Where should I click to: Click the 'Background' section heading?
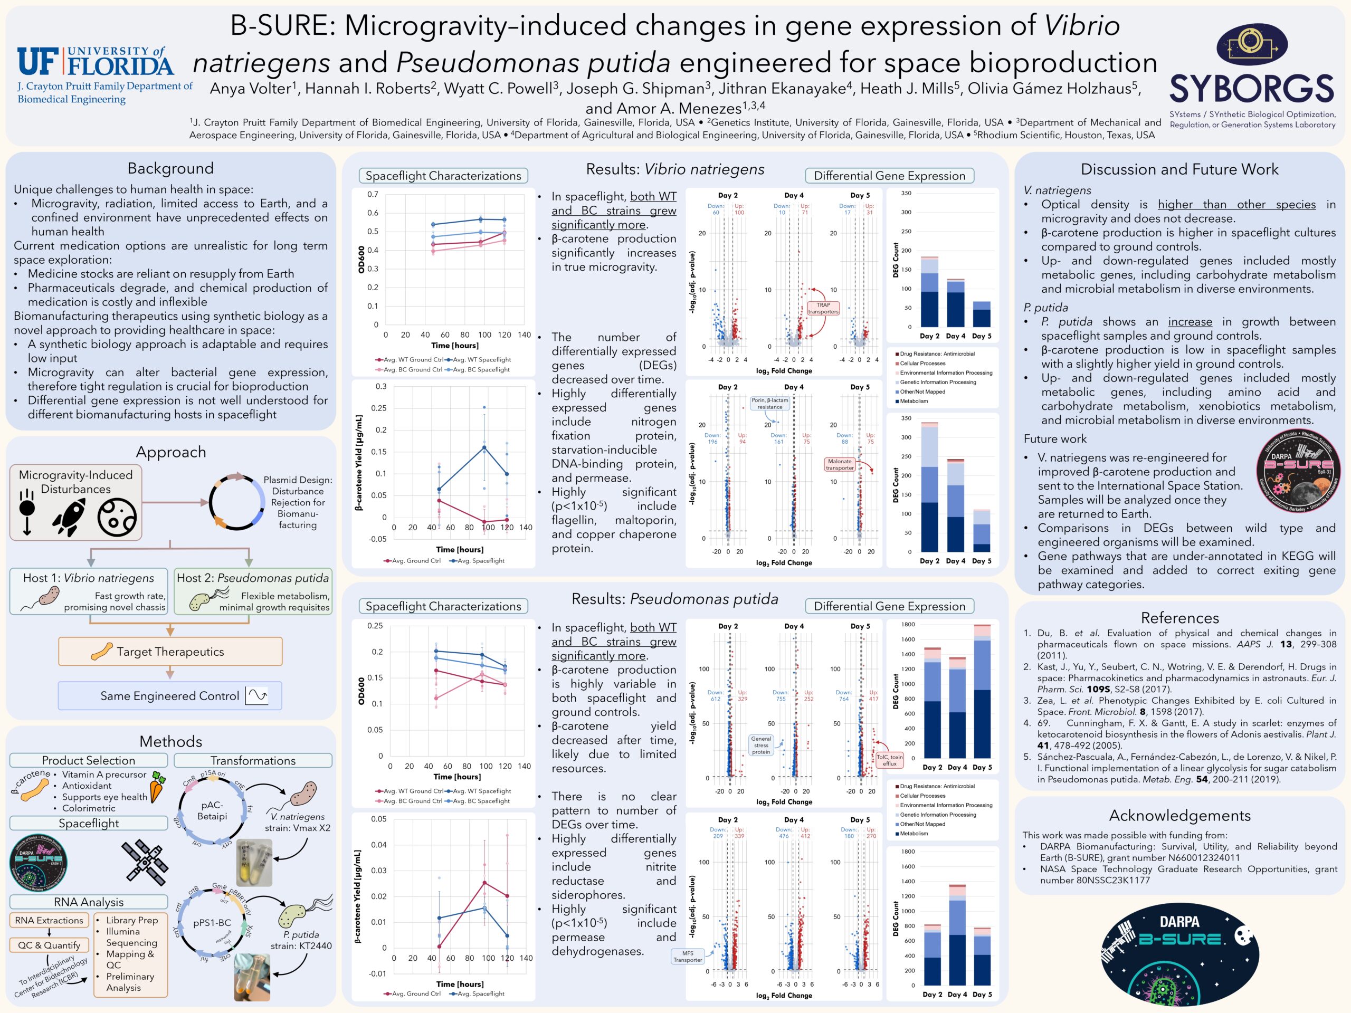click(170, 168)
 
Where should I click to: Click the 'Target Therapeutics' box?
click(170, 652)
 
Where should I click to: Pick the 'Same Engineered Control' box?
click(170, 696)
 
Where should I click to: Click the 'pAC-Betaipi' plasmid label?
click(212, 811)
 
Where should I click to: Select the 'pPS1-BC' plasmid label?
click(212, 923)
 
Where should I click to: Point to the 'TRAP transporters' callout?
click(823, 308)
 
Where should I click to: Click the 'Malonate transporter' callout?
click(839, 465)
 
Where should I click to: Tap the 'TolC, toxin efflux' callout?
click(889, 760)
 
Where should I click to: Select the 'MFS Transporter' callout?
click(688, 956)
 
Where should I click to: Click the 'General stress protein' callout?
click(761, 745)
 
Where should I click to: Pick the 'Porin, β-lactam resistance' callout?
click(769, 404)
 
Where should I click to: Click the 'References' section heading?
click(1179, 618)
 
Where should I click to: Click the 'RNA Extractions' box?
click(49, 920)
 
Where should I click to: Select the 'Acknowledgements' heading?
click(1179, 816)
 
